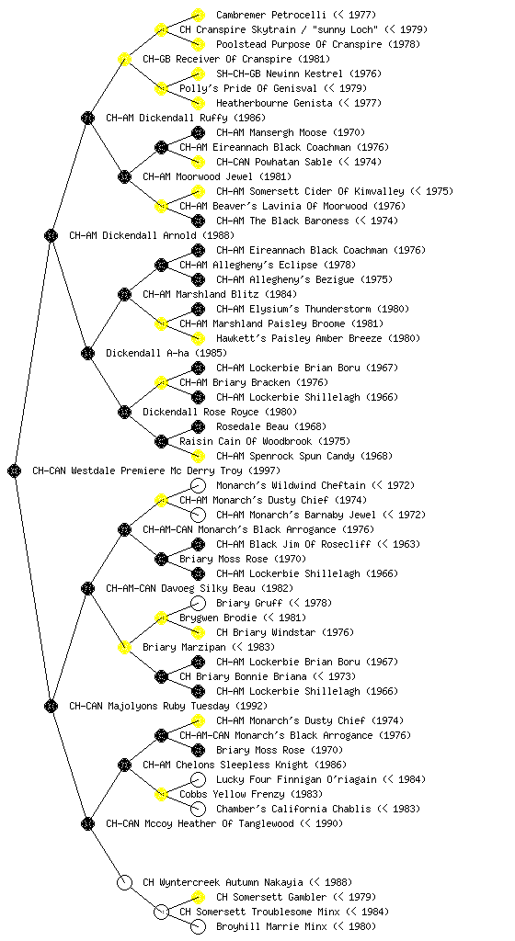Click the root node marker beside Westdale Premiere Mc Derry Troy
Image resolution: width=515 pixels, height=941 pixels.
point(15,470)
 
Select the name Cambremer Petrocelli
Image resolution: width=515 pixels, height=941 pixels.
point(271,15)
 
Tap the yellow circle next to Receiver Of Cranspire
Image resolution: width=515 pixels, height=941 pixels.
point(124,59)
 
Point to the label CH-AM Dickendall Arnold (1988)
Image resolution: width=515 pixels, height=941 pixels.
point(152,235)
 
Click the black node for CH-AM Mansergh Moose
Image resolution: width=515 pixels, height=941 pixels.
point(198,132)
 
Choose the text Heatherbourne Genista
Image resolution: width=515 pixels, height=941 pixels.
point(274,103)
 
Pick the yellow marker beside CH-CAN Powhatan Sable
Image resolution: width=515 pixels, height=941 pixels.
point(198,162)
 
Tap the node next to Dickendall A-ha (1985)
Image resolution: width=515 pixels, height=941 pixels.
point(87,353)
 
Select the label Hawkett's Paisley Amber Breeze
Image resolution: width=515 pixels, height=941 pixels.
point(299,338)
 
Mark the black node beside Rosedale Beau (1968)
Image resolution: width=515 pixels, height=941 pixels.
point(198,426)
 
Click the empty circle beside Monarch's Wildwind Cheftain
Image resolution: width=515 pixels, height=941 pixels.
point(198,485)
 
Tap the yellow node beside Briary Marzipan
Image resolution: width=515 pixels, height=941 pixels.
point(124,647)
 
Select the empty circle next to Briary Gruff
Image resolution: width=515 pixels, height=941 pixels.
point(198,603)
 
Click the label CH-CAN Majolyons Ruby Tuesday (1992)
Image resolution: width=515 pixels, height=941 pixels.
point(168,706)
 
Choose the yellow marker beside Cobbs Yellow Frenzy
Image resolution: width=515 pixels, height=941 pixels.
point(161,794)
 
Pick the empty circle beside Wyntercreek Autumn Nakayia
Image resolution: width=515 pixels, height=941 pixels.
point(124,882)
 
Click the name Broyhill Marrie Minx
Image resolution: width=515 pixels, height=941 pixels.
point(271,926)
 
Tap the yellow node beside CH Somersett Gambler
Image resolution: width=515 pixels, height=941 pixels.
point(198,897)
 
